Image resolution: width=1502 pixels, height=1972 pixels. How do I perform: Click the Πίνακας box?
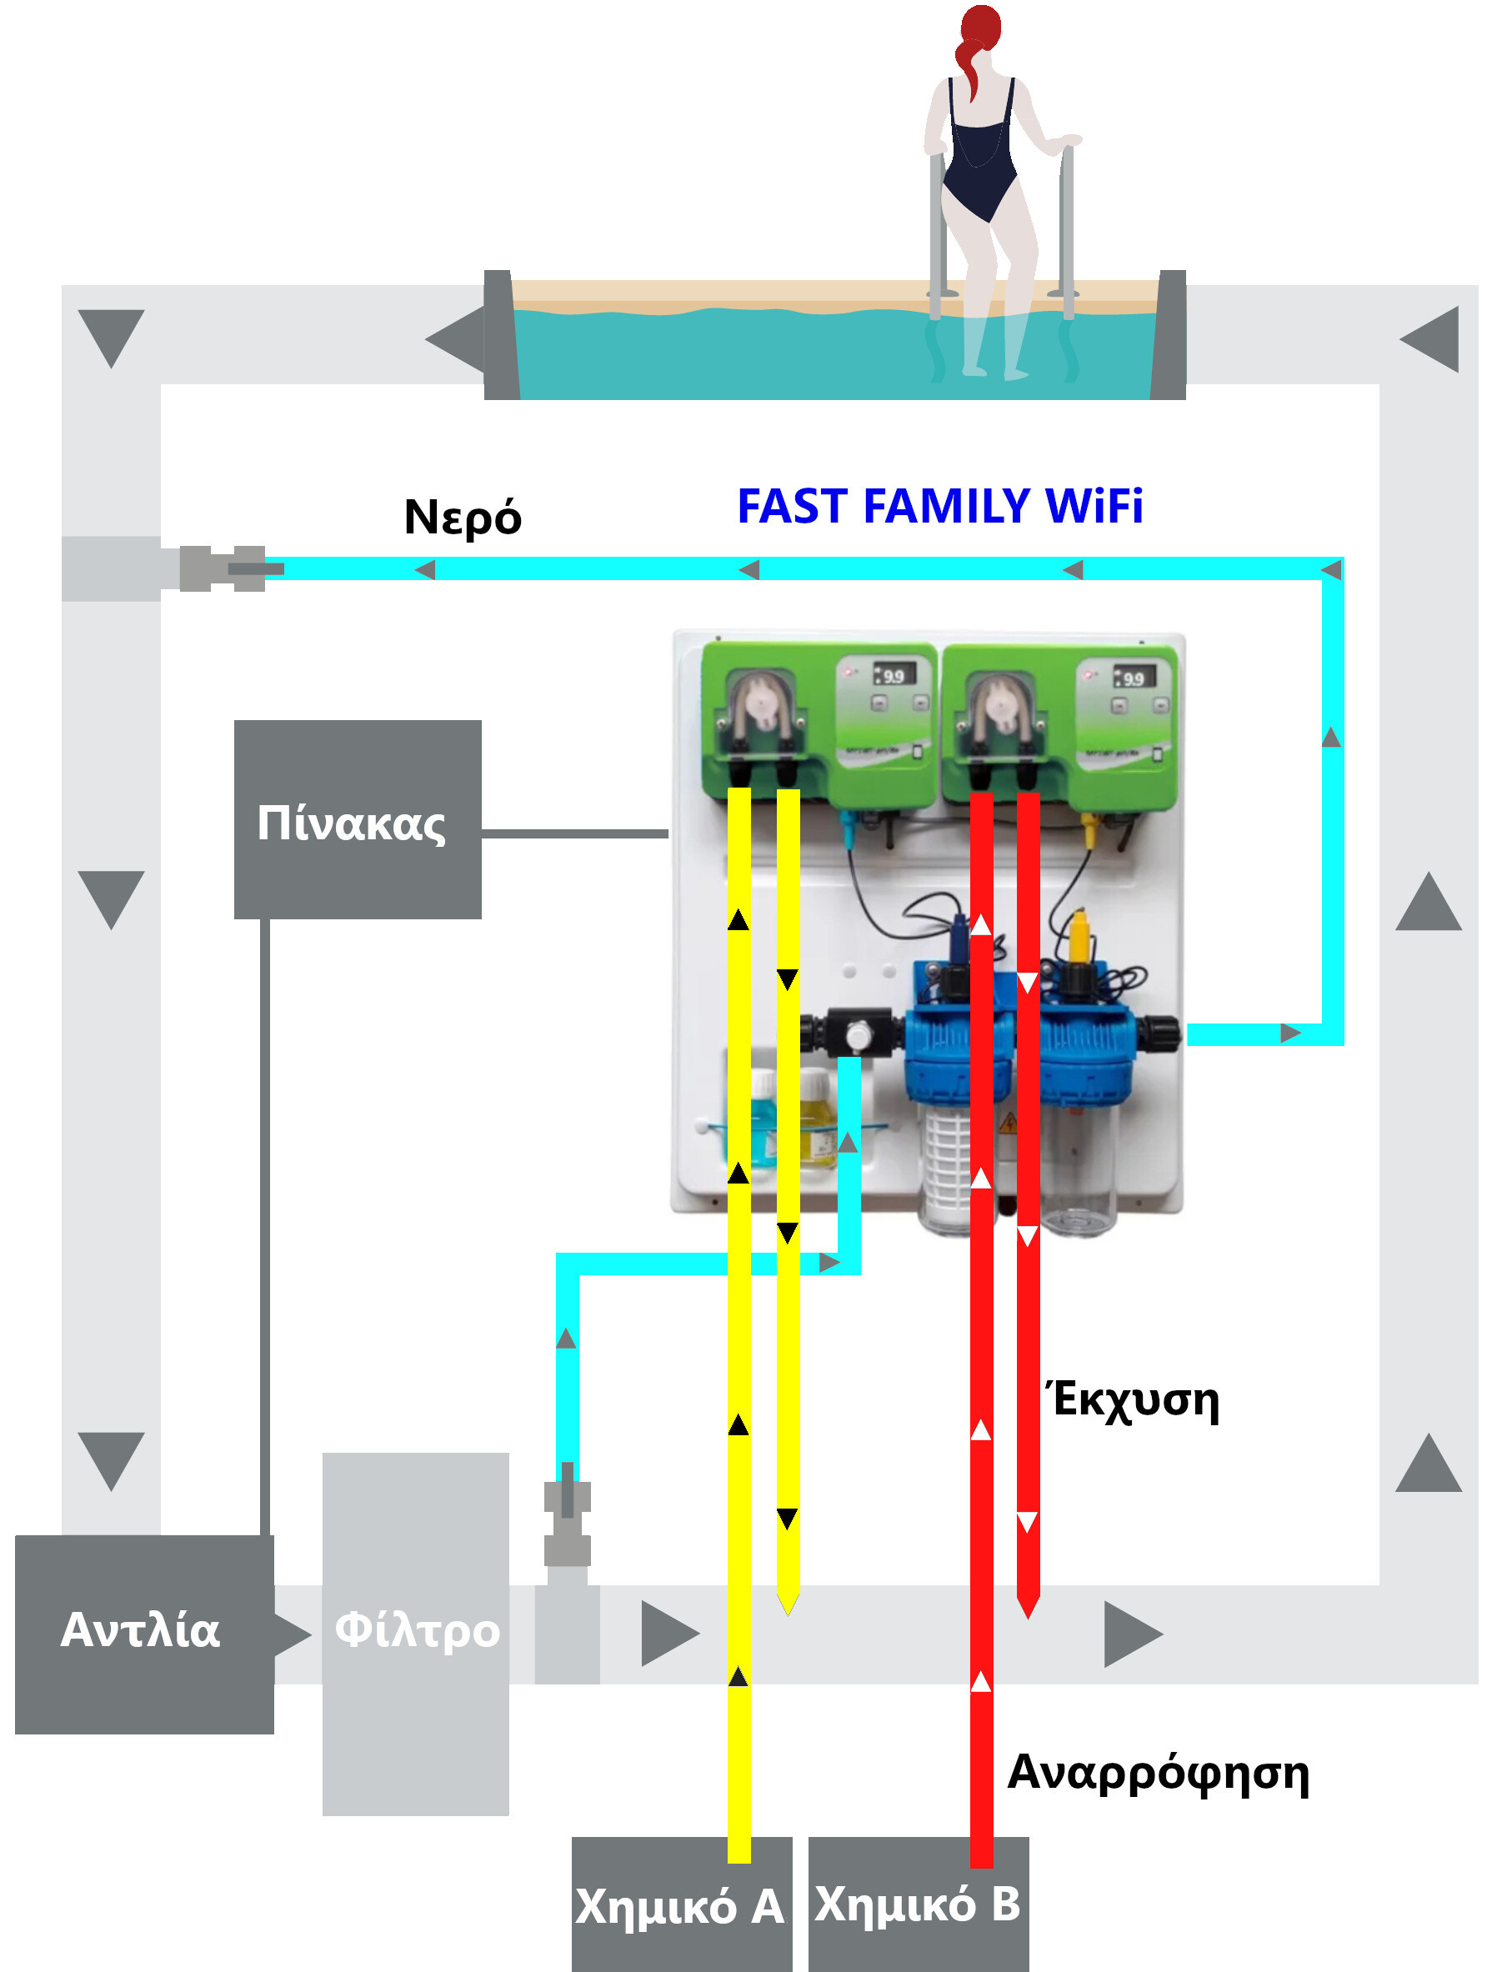coord(358,820)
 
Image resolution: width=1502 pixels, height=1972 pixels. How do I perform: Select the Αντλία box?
coord(144,1635)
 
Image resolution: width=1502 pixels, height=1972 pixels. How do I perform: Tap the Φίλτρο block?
coord(416,1634)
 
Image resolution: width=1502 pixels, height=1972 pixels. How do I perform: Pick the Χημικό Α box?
coord(681,1904)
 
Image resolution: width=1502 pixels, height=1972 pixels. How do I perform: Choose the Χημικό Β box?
coord(919,1904)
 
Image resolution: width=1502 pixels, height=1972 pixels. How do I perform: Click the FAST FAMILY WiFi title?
coord(939,506)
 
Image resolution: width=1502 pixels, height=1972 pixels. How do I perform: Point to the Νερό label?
coord(463,518)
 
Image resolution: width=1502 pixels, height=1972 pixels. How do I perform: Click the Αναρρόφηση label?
coord(1159,1773)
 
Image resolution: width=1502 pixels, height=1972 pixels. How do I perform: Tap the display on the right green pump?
coord(1134,678)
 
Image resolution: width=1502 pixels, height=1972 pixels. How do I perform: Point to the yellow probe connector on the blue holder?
coord(1079,935)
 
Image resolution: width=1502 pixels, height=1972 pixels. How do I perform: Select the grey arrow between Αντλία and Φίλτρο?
coord(293,1634)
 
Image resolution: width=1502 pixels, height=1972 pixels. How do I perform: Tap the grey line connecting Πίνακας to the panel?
coord(575,833)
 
